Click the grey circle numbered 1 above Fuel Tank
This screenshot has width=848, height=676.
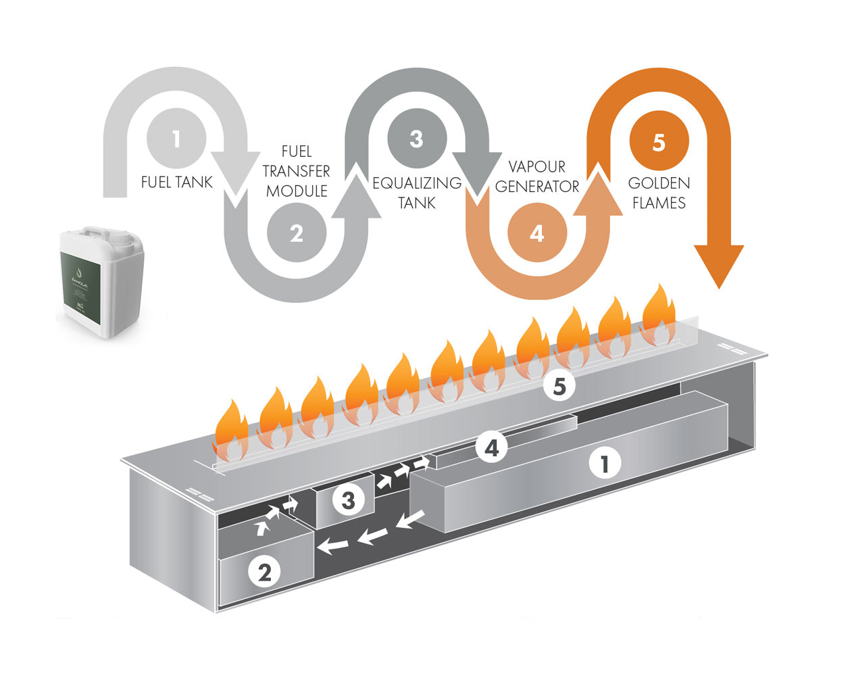click(x=176, y=140)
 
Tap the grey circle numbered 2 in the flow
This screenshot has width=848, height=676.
click(x=297, y=233)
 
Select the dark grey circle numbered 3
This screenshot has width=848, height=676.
click(x=416, y=139)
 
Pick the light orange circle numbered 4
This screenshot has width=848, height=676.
click(x=537, y=234)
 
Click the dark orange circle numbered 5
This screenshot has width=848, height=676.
click(x=659, y=142)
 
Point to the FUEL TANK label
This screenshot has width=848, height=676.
click(x=177, y=182)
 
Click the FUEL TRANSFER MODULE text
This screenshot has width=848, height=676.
click(x=297, y=171)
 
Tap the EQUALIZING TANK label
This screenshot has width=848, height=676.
click(x=417, y=193)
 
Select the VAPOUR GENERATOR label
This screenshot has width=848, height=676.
click(x=537, y=176)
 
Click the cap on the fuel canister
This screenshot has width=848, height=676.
click(x=122, y=237)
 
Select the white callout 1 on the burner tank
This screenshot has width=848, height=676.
click(x=604, y=464)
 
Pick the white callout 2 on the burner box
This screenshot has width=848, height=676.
click(x=264, y=572)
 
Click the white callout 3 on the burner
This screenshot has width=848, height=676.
click(x=348, y=500)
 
